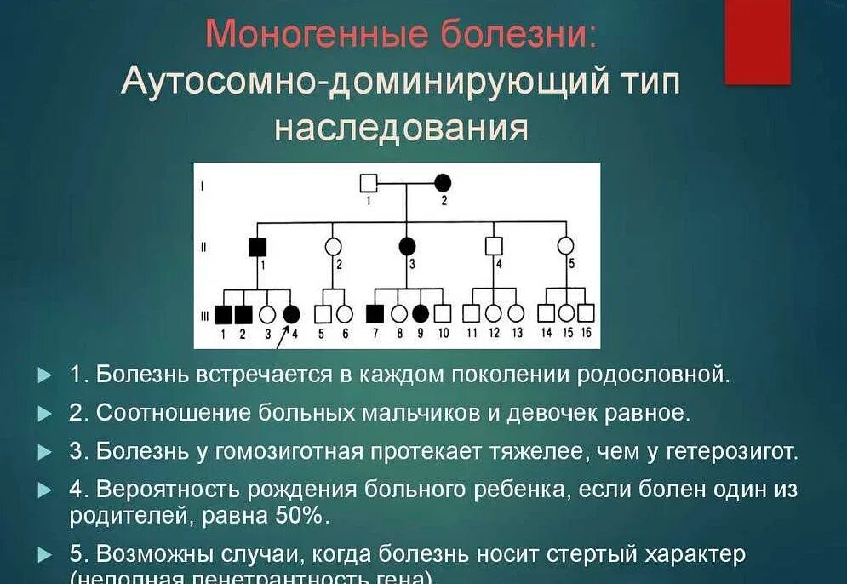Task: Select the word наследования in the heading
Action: click(401, 128)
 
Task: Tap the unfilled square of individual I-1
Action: click(369, 182)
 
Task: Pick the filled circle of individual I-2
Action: click(443, 182)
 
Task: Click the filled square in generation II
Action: click(258, 247)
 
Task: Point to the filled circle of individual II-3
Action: click(407, 246)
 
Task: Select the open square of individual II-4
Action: click(494, 246)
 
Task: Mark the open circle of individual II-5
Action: click(565, 246)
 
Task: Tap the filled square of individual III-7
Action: click(375, 313)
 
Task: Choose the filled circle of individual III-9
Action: click(421, 313)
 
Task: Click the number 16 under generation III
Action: click(586, 333)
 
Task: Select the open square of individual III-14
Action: click(546, 313)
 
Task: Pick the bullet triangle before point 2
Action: click(44, 413)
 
